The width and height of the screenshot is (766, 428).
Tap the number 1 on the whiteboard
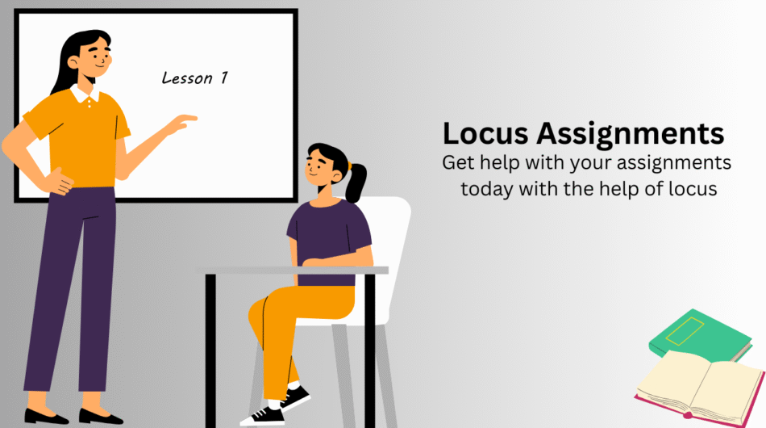point(223,78)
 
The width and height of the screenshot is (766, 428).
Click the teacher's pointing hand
point(183,123)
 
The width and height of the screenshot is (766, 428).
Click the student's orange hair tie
point(349,166)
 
